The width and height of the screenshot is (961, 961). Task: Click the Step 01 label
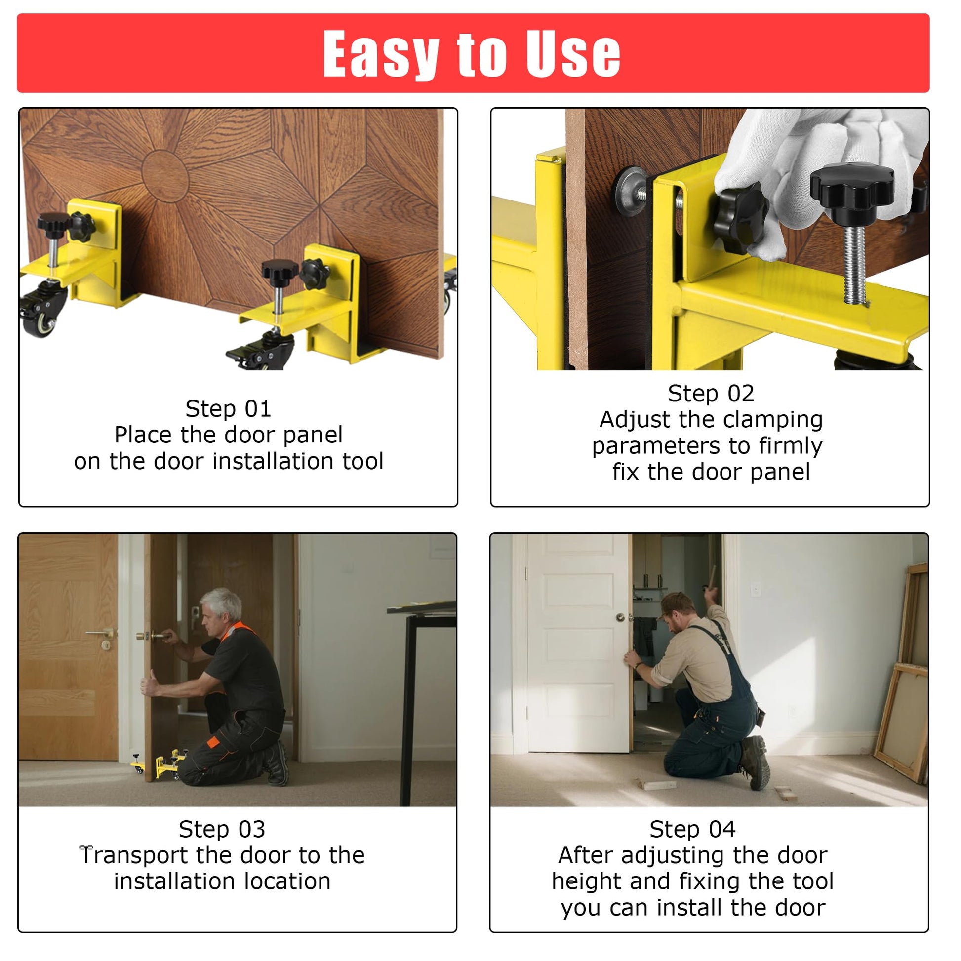(x=228, y=409)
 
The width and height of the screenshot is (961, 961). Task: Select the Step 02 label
(x=711, y=394)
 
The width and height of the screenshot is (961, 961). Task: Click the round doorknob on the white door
(x=620, y=617)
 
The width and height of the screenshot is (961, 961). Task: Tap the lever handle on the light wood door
(x=100, y=633)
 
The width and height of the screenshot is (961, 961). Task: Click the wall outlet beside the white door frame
(x=756, y=589)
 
